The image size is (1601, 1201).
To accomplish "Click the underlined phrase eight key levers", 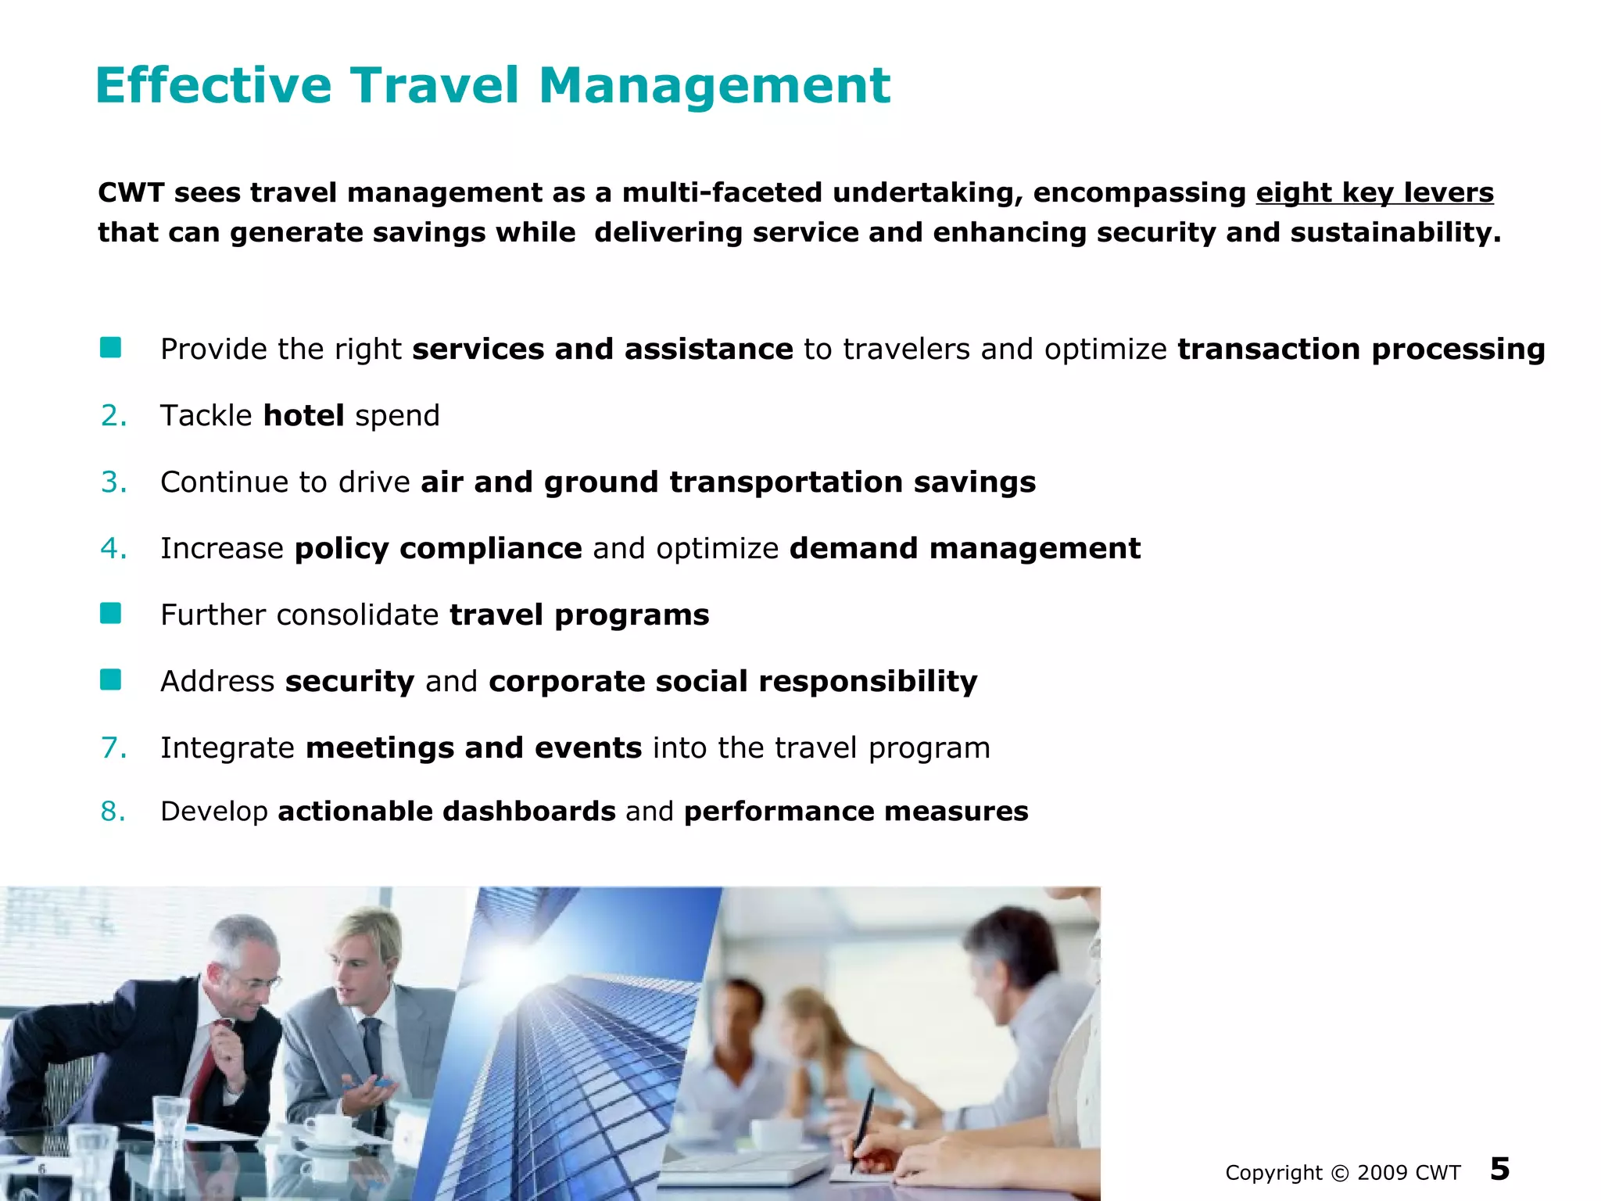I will tap(1374, 192).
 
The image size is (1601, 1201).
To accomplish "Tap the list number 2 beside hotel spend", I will tap(113, 415).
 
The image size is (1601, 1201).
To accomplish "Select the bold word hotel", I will tap(303, 415).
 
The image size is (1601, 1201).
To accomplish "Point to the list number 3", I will tap(113, 482).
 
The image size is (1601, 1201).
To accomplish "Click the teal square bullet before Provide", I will tap(111, 348).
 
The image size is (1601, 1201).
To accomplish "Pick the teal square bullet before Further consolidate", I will tap(111, 614).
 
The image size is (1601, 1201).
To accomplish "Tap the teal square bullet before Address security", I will tap(111, 680).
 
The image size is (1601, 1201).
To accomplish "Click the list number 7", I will tap(113, 747).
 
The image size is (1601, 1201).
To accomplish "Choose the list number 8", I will tap(113, 812).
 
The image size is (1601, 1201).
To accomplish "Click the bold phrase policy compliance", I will tap(438, 548).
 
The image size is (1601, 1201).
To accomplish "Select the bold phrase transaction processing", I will tap(1361, 349).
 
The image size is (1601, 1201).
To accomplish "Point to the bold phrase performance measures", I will tap(856, 812).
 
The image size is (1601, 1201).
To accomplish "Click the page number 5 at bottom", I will tap(1499, 1169).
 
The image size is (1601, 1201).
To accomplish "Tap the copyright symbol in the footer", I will tap(1339, 1173).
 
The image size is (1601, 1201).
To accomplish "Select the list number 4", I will tap(113, 548).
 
